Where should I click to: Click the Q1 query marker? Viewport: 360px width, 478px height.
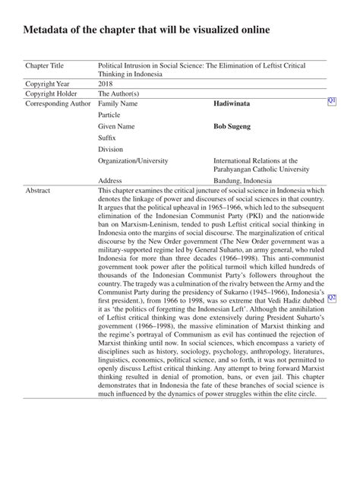coord(332,101)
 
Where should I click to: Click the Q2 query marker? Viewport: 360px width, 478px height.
coord(332,297)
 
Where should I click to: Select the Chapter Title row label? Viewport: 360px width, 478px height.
coord(46,67)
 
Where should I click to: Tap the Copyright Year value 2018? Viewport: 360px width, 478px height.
coord(107,84)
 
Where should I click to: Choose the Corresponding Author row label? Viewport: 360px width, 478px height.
coord(58,103)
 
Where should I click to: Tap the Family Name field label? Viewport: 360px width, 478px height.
coord(118,103)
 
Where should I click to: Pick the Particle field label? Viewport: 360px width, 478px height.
coord(110,114)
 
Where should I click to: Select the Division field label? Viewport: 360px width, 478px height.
coord(112,149)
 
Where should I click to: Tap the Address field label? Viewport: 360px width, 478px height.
coord(111,180)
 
